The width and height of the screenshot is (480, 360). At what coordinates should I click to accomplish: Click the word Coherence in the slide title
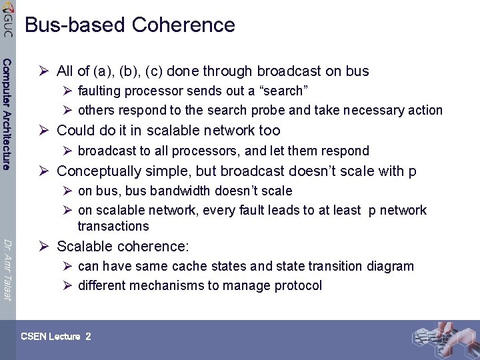point(183,25)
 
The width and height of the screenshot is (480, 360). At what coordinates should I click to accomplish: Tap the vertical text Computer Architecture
point(7,114)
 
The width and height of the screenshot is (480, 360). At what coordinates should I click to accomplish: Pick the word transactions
point(113,226)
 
